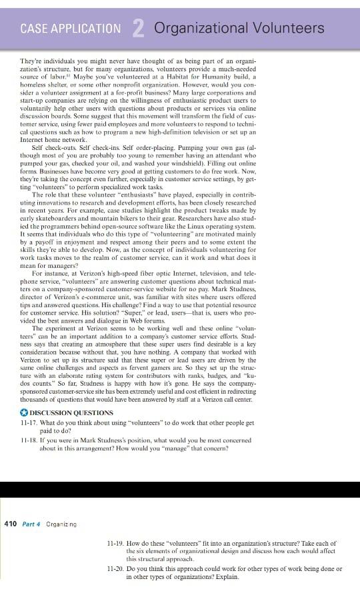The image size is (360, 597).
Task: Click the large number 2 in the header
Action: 139,28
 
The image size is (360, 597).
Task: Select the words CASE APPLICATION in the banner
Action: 71,29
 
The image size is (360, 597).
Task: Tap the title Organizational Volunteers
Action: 239,28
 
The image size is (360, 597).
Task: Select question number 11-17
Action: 31,421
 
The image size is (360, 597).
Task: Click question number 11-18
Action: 31,440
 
